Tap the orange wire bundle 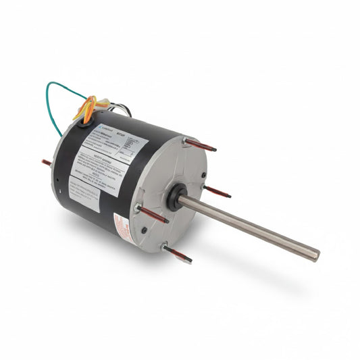pyautogui.click(x=86, y=108)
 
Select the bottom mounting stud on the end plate pyautogui.click(x=178, y=253)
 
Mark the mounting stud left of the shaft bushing pyautogui.click(x=155, y=215)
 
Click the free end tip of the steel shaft pyautogui.click(x=314, y=255)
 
